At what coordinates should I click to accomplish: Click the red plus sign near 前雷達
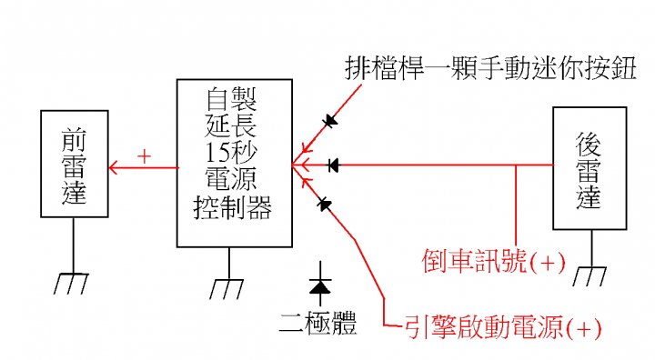pyautogui.click(x=144, y=156)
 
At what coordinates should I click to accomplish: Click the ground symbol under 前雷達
pyautogui.click(x=71, y=284)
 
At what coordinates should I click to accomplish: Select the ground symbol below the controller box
pyautogui.click(x=227, y=288)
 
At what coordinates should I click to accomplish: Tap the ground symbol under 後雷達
pyautogui.click(x=589, y=275)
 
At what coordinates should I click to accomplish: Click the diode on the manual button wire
pyautogui.click(x=330, y=121)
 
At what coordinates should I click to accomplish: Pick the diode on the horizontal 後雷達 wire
pyautogui.click(x=333, y=165)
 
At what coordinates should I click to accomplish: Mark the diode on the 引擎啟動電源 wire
pyautogui.click(x=324, y=205)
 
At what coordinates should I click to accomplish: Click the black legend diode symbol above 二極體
pyautogui.click(x=320, y=284)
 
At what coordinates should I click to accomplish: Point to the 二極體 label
pyautogui.click(x=318, y=323)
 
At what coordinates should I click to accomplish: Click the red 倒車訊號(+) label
pyautogui.click(x=493, y=262)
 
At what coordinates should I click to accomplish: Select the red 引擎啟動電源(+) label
pyautogui.click(x=502, y=327)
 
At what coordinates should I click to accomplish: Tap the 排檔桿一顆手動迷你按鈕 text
pyautogui.click(x=491, y=68)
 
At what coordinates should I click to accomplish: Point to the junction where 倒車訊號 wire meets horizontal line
pyautogui.click(x=517, y=165)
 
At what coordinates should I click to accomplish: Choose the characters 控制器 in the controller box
pyautogui.click(x=233, y=207)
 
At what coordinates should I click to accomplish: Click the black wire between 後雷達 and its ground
pyautogui.click(x=592, y=248)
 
